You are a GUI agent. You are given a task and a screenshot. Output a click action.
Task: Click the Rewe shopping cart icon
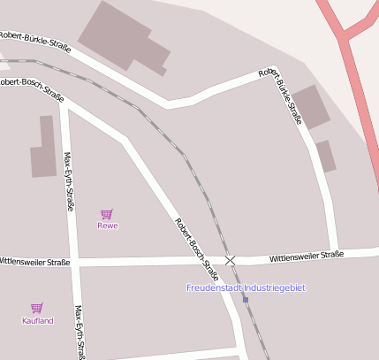[106, 213]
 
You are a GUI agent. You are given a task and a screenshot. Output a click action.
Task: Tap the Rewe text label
[107, 226]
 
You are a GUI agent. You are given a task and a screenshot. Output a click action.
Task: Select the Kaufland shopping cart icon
[37, 308]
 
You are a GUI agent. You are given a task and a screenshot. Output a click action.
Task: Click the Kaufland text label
[37, 320]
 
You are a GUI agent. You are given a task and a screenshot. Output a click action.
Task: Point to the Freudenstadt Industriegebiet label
[246, 287]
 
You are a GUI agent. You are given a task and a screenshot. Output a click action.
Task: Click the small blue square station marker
[246, 300]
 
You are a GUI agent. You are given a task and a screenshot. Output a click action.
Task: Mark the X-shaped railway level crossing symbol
[231, 260]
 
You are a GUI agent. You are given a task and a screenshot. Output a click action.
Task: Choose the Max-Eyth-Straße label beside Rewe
[69, 180]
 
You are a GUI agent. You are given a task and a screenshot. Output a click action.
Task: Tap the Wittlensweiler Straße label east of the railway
[306, 256]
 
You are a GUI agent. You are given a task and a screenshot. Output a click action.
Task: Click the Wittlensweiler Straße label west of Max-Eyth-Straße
[34, 263]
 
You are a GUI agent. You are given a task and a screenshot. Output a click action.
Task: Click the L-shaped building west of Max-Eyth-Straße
[42, 149]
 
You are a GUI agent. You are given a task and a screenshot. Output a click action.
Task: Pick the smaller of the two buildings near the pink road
[325, 156]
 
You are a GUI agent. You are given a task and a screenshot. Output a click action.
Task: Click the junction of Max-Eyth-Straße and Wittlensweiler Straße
[74, 263]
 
